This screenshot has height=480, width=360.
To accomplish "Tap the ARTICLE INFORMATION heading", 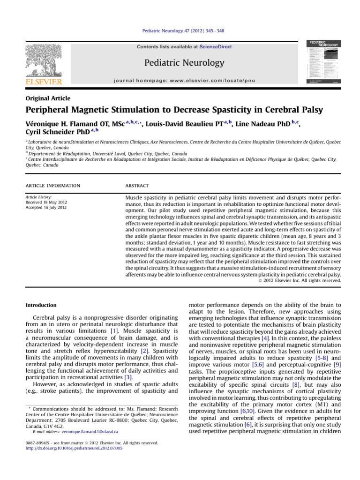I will click(53, 186).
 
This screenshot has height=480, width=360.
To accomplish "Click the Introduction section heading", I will click(41, 305).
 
